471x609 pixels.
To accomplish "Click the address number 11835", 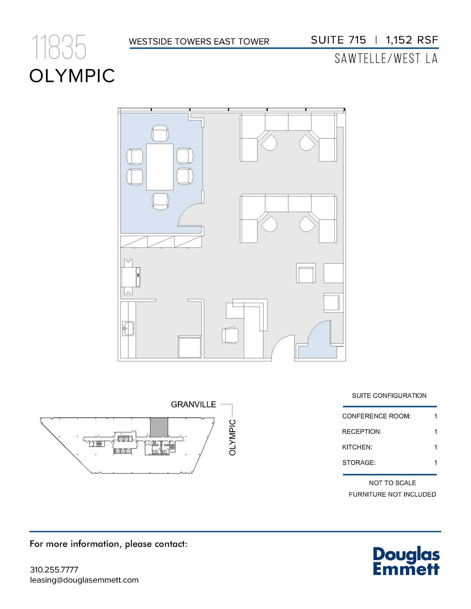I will tap(59, 47).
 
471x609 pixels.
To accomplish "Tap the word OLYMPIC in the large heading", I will tap(72, 76).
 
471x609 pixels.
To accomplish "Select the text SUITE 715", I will tap(338, 40).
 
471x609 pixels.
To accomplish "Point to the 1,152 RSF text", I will tap(412, 40).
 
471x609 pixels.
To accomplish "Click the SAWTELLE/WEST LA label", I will tap(386, 59).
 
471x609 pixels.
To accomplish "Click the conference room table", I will tap(160, 167).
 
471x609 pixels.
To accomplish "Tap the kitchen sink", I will tap(129, 328).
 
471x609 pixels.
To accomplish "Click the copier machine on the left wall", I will tap(130, 277).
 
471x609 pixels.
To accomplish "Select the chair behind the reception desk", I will tap(230, 335).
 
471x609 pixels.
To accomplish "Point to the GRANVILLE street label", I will tap(193, 404).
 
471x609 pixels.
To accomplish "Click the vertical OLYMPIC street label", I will tap(233, 437).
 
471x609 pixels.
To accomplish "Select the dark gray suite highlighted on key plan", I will tap(159, 427).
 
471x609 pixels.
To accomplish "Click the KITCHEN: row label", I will tap(357, 447).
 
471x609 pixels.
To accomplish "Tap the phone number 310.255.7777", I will tap(54, 570).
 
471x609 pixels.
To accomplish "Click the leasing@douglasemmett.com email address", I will tap(84, 580).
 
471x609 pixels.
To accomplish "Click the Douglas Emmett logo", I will tap(406, 561).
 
